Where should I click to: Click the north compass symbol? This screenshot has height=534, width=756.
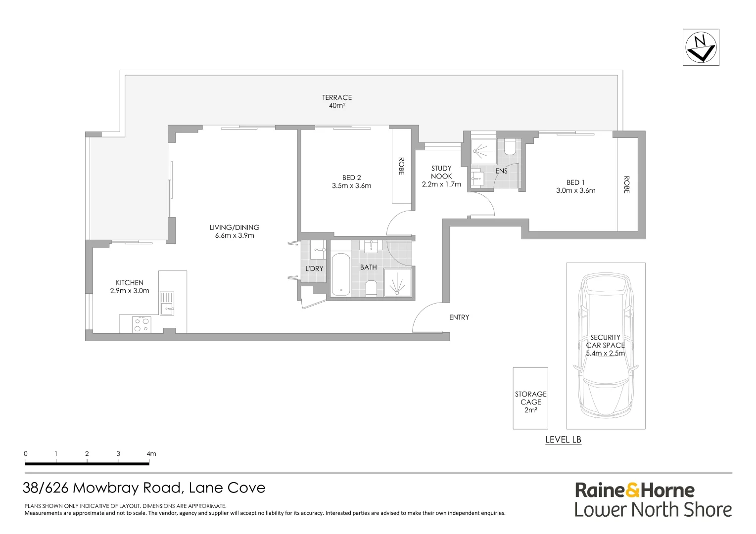701,47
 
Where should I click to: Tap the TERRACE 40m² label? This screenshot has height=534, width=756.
337,101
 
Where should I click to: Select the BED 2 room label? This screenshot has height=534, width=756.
351,181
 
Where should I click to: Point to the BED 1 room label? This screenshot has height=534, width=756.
575,186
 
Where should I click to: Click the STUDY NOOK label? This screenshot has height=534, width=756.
441,176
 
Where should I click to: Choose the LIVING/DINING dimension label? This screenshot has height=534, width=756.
235,231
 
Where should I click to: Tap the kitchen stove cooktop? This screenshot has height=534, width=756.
142,324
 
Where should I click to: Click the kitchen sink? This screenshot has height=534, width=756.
167,303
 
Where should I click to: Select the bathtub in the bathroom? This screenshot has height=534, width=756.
340,274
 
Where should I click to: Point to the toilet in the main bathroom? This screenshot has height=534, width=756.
372,288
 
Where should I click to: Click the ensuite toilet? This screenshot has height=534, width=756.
511,147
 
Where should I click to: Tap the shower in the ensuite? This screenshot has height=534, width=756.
483,151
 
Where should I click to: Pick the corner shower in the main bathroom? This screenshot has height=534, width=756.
398,283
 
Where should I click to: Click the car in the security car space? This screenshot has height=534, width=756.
606,345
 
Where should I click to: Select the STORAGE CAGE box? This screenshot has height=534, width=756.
530,398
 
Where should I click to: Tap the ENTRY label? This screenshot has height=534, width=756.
459,317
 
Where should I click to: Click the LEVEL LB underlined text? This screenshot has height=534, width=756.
563,440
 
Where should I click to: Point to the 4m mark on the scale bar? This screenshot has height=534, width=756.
150,454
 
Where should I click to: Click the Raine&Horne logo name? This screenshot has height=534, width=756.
634,490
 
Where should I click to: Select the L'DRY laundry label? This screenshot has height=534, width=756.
314,268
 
